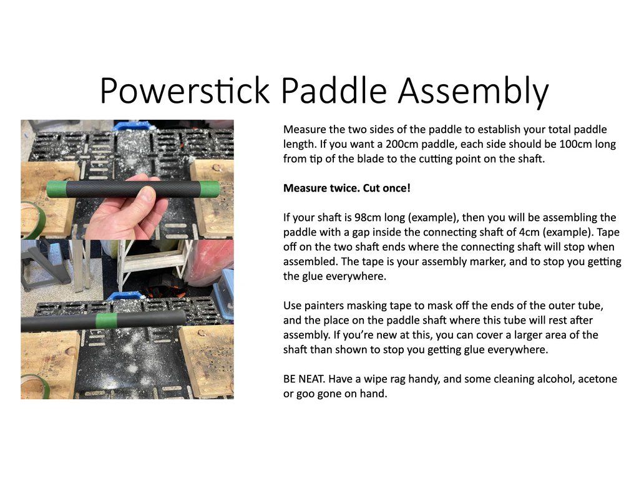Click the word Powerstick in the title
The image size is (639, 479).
click(185, 90)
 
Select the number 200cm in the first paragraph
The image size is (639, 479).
click(402, 144)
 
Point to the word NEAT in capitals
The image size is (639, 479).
click(312, 379)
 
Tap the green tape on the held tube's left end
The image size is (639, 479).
click(56, 190)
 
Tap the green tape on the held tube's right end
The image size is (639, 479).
click(210, 190)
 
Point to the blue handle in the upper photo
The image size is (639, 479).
click(132, 125)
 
